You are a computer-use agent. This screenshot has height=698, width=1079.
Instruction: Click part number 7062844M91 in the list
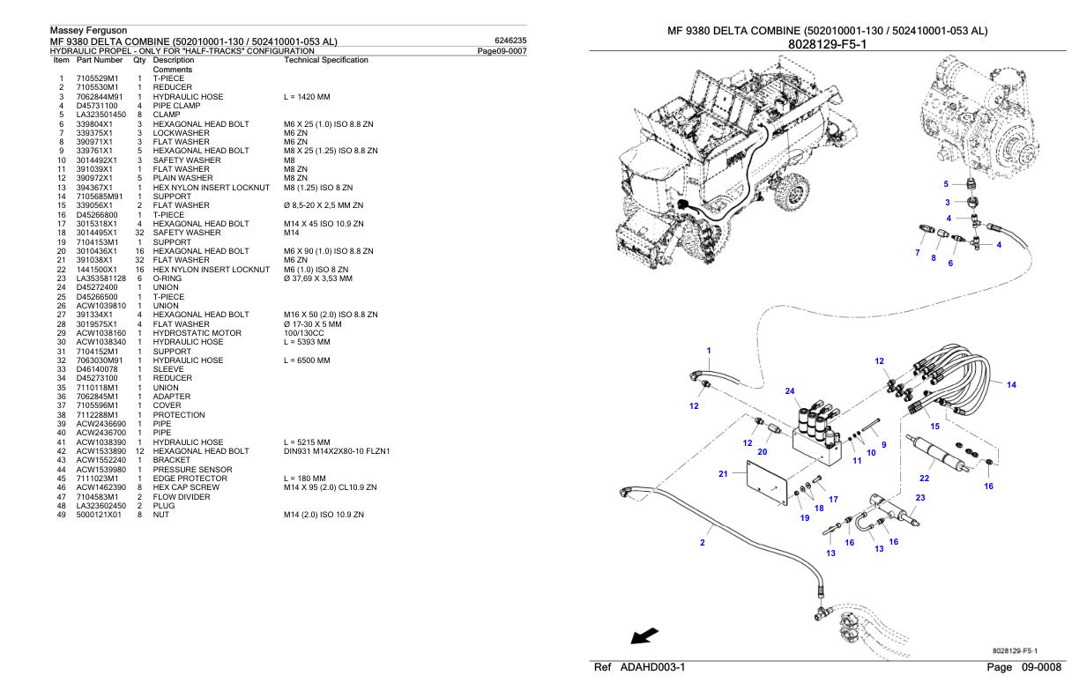pyautogui.click(x=100, y=96)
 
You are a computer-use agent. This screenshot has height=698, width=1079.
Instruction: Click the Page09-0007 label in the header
pyautogui.click(x=502, y=51)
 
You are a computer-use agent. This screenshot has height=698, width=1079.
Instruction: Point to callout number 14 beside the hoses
pyautogui.click(x=1011, y=384)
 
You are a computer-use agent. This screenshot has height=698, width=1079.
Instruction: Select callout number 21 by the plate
pyautogui.click(x=724, y=473)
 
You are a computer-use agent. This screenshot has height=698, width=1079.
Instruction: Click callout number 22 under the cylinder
pyautogui.click(x=925, y=477)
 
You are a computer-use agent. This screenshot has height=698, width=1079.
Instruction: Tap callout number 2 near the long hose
pyautogui.click(x=702, y=542)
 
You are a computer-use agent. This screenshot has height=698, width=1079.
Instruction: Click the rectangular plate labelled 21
pyautogui.click(x=765, y=484)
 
